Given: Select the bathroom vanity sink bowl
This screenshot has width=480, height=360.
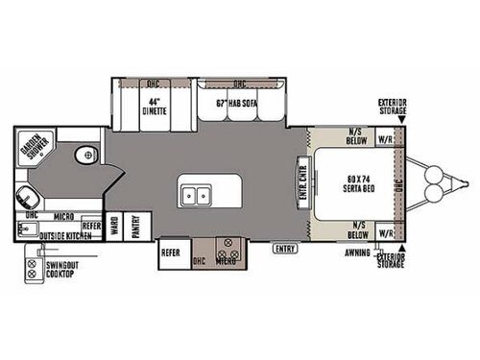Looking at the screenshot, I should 29,199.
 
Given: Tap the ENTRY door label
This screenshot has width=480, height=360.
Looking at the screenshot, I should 285,249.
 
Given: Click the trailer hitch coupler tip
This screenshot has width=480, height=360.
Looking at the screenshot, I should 466,184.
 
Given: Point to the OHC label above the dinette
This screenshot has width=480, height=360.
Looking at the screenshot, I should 155,83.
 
